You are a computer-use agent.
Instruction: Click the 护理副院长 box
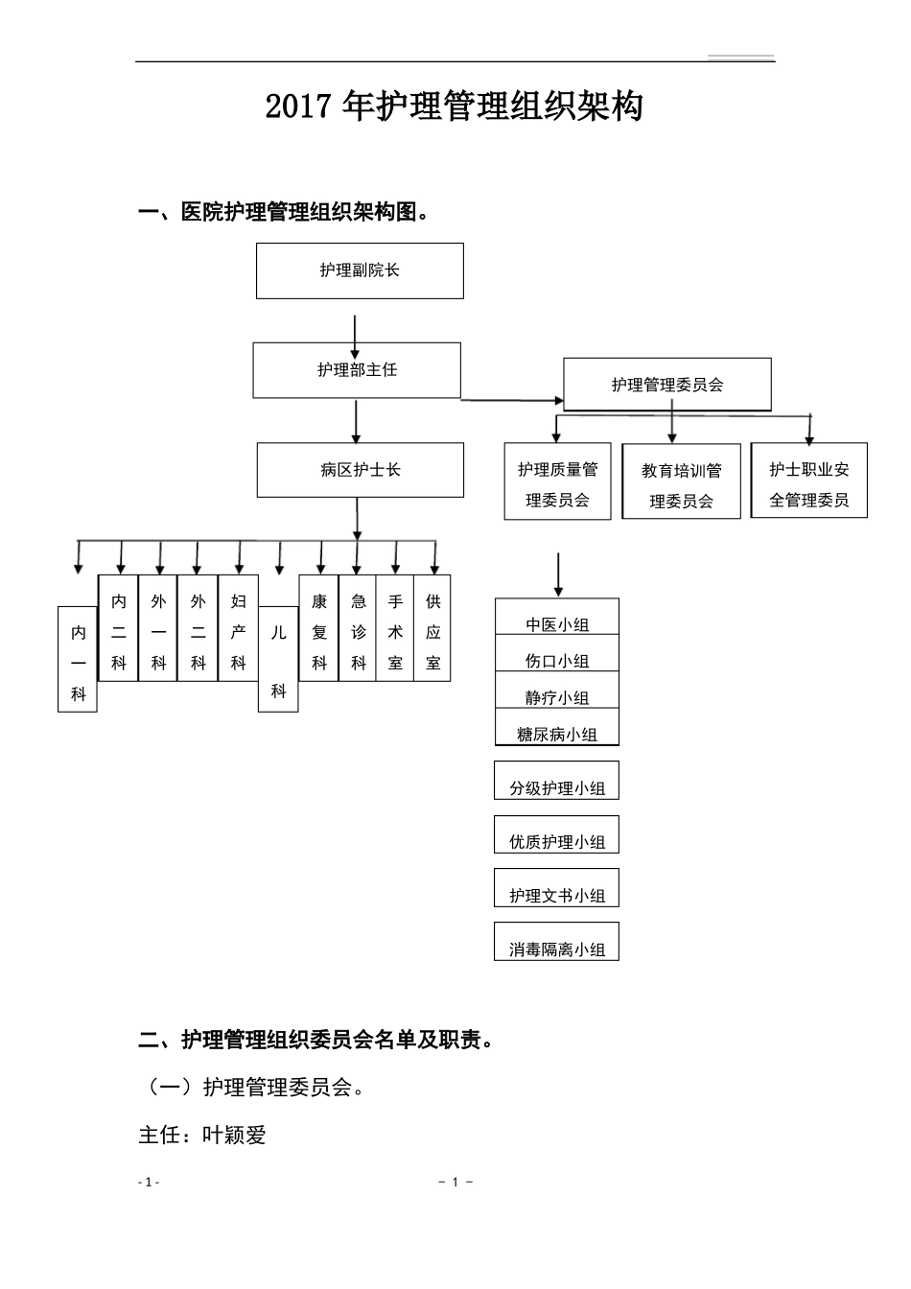[x=360, y=270]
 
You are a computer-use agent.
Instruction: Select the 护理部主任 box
[x=357, y=370]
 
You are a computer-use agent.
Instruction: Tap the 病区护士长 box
[x=360, y=470]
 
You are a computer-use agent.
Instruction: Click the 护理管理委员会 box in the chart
[x=667, y=385]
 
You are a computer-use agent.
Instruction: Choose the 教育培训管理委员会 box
[x=681, y=483]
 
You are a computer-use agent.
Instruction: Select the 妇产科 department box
[x=238, y=629]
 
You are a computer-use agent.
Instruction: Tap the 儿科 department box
[x=278, y=660]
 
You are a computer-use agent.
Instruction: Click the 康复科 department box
[x=319, y=629]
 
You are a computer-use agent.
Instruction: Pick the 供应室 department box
[x=432, y=629]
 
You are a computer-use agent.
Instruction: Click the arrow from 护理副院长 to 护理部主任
[x=356, y=337]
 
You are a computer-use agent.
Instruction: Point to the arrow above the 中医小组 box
[x=558, y=574]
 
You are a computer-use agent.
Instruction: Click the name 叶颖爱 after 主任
[x=234, y=1136]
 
